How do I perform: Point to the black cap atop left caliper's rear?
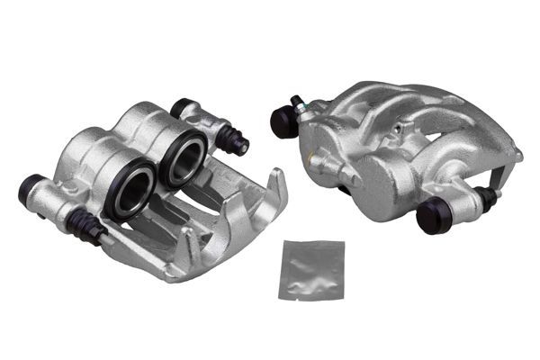click(x=183, y=107)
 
